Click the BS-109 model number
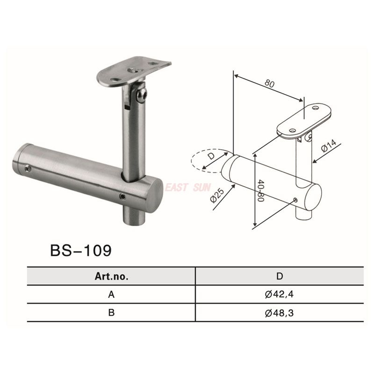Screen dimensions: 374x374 coord(80,250)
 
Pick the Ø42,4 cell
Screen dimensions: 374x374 coord(279,295)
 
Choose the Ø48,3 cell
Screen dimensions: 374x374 coord(279,312)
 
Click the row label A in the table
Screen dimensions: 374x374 coord(111,295)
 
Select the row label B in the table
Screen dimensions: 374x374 coord(111,312)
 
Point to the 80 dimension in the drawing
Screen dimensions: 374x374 coord(269,84)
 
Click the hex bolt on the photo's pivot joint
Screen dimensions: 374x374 coord(142,96)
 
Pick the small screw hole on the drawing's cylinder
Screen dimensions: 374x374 coord(295,200)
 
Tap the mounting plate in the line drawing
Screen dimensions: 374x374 coord(305,120)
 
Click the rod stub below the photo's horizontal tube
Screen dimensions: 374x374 coord(134,215)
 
